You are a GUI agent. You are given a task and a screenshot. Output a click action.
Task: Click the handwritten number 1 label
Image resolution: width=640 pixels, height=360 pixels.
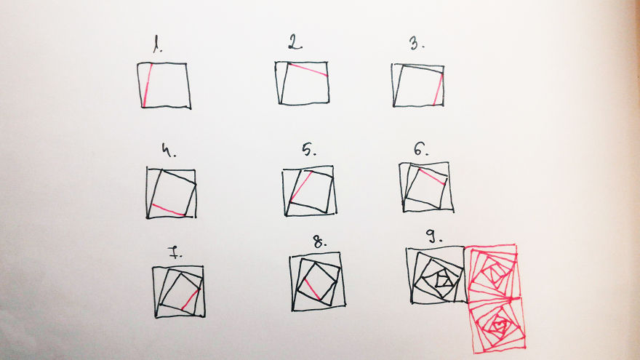click(156, 49)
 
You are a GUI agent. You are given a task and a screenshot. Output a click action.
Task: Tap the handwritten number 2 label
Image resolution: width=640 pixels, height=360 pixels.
click(294, 44)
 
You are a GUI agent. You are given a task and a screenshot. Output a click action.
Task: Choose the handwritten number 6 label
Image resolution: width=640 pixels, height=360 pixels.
click(420, 149)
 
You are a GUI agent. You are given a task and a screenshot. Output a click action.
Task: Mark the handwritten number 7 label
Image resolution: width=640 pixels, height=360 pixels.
click(176, 253)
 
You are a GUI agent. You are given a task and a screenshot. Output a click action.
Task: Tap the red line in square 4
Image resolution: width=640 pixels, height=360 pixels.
click(168, 209)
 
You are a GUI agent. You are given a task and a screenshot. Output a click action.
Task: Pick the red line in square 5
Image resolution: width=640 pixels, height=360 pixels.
click(301, 187)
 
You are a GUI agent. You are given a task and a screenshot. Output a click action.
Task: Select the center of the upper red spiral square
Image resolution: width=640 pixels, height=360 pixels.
click(494, 273)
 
